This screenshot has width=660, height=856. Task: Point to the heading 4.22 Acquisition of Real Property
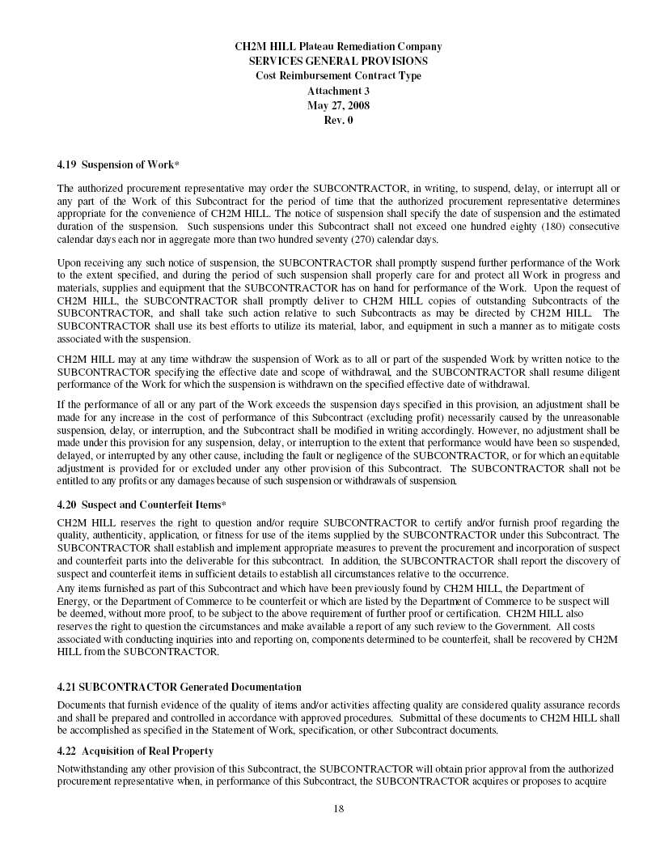(135, 751)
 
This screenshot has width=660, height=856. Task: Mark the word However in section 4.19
(456, 432)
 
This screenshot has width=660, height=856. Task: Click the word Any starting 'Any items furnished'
(66, 587)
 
